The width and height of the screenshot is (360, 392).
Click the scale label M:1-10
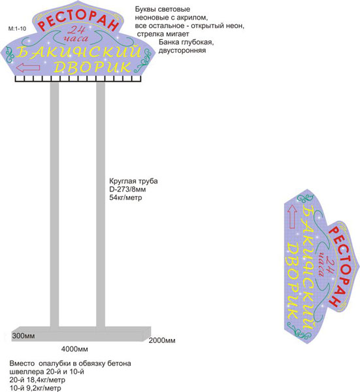click(17, 29)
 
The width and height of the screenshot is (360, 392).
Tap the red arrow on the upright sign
click(27, 67)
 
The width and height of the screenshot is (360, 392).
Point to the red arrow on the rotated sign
click(293, 216)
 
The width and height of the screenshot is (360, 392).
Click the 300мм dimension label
click(24, 336)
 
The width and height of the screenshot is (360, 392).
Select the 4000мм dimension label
click(74, 349)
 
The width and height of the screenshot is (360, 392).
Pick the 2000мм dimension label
click(162, 340)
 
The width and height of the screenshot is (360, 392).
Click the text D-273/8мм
click(127, 189)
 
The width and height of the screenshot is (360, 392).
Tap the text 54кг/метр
click(125, 197)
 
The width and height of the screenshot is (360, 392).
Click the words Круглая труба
click(133, 181)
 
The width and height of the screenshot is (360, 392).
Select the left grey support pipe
click(54, 204)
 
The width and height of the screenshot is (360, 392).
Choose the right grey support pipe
click(101, 204)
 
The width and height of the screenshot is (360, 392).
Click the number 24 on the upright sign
click(76, 30)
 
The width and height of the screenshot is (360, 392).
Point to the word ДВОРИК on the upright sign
click(92, 67)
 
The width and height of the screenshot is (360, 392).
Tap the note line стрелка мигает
click(163, 34)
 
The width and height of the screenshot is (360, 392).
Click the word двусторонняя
click(182, 50)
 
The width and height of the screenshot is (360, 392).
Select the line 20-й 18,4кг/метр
click(37, 380)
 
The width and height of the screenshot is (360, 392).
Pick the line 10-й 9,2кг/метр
click(35, 388)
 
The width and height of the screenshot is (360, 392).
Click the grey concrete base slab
click(81, 334)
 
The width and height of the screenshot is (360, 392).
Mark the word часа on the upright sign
click(76, 39)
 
